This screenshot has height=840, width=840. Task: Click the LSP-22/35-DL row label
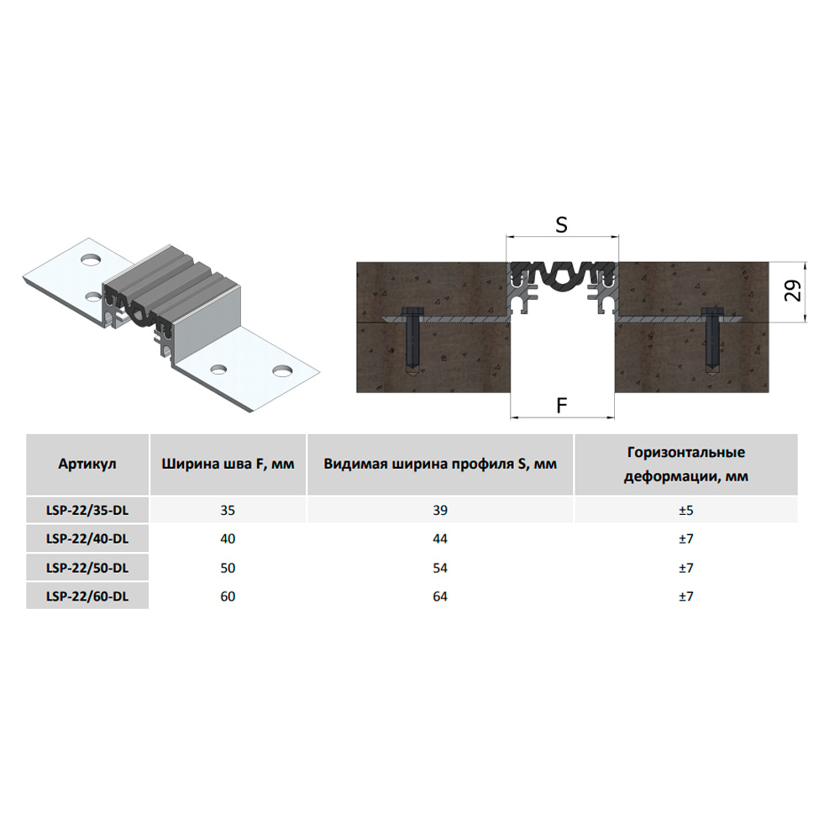click(87, 510)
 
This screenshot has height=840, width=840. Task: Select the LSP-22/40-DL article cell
click(87, 538)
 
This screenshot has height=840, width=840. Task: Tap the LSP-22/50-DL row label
click(87, 568)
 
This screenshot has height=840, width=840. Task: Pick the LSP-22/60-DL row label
click(87, 596)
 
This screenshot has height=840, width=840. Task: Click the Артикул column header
click(87, 464)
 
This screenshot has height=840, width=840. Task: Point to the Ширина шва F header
click(228, 464)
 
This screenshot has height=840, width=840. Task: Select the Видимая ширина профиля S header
click(440, 464)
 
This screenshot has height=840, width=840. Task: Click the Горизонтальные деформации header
click(685, 465)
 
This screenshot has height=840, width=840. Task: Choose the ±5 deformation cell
click(685, 510)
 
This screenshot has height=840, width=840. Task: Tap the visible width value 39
click(440, 510)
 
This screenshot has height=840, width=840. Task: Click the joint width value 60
click(228, 596)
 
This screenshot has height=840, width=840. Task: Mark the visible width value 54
click(440, 568)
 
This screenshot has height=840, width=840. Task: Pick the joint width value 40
click(228, 538)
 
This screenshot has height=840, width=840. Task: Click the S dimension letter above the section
click(561, 225)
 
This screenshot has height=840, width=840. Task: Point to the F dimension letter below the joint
click(561, 406)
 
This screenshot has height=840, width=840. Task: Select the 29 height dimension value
click(794, 291)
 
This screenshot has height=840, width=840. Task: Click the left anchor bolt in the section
click(412, 341)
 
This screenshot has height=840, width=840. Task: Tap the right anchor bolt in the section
click(713, 341)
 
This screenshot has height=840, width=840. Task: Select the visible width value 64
click(440, 596)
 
